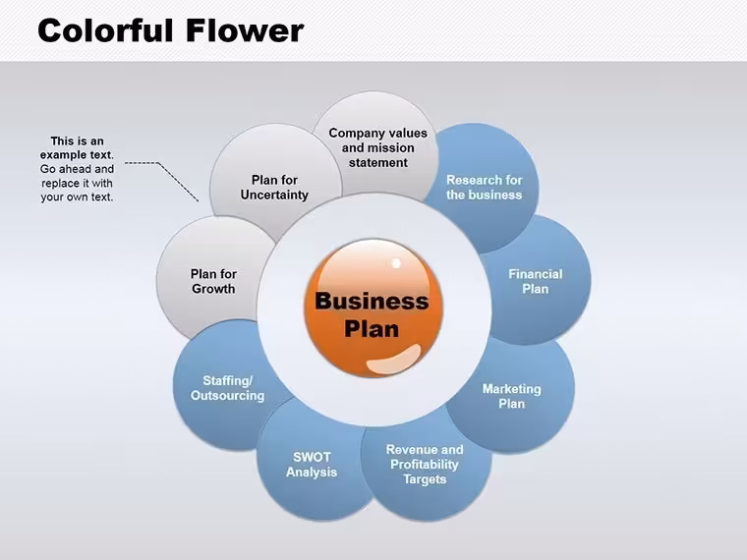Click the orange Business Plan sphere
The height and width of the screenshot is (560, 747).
373,308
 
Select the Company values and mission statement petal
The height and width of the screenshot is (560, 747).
377,142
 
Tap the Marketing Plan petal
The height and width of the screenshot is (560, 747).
512,395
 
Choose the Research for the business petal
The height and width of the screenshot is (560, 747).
484,187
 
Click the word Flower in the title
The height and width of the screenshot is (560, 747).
245,30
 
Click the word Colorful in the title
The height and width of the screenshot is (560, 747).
105,30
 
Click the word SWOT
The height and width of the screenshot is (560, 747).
312,457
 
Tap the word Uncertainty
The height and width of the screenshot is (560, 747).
274,195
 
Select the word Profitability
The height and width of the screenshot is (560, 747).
425,465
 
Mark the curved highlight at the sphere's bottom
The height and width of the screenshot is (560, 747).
393,359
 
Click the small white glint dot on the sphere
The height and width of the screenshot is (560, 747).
396,263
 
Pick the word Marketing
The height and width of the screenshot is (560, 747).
512,389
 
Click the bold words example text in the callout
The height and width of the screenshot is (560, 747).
77,155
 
